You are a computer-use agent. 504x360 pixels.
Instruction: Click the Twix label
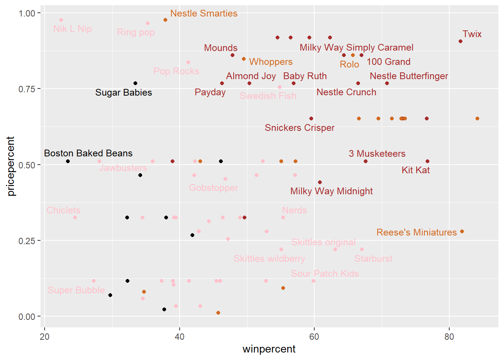pyautogui.click(x=472, y=34)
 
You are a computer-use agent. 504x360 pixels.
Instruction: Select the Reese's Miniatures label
pyautogui.click(x=416, y=232)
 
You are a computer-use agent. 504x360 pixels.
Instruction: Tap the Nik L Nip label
pyautogui.click(x=72, y=29)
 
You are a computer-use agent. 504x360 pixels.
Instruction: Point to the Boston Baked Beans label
pyautogui.click(x=88, y=153)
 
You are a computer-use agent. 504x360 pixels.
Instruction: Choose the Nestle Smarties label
pyautogui.click(x=204, y=13)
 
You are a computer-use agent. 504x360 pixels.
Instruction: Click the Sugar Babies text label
pyautogui.click(x=123, y=93)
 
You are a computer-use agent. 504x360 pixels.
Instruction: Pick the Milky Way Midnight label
pyautogui.click(x=331, y=191)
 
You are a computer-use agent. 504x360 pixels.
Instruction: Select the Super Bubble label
pyautogui.click(x=76, y=290)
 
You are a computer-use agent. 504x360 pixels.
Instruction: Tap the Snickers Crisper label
pyautogui.click(x=299, y=128)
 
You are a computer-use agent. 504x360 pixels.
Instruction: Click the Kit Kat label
pyautogui.click(x=415, y=170)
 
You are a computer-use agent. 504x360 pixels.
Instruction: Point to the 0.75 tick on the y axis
pyautogui.click(x=27, y=89)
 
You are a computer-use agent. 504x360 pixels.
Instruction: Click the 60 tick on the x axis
pyautogui.click(x=314, y=337)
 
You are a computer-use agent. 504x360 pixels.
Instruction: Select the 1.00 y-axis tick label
pyautogui.click(x=27, y=13)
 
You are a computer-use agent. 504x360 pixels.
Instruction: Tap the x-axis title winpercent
pyautogui.click(x=269, y=349)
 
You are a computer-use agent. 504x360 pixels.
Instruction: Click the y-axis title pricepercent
pyautogui.click(x=11, y=166)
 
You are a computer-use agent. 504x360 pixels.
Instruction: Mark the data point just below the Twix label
pyautogui.click(x=460, y=41)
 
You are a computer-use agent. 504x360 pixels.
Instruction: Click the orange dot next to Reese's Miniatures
pyautogui.click(x=462, y=231)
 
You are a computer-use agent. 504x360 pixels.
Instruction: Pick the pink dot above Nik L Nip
pyautogui.click(x=61, y=20)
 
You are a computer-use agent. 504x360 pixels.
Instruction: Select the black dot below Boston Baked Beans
pyautogui.click(x=68, y=161)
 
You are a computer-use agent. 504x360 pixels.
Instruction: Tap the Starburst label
pyautogui.click(x=373, y=259)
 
